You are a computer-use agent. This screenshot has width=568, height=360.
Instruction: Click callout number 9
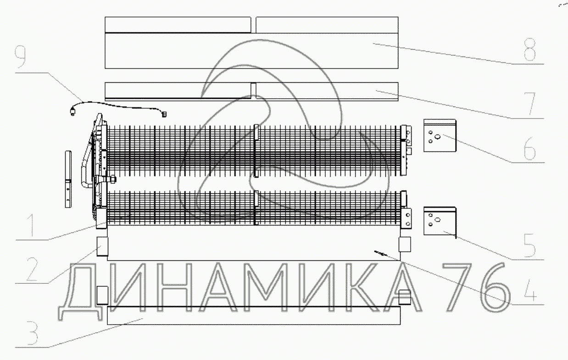tap(20, 57)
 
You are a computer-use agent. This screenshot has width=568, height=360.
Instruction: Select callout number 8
tap(530, 50)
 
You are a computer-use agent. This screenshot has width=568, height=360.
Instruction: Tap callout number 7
tap(530, 104)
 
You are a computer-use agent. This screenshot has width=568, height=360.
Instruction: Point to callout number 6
tap(530, 148)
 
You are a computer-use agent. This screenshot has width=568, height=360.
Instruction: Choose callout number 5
tap(530, 245)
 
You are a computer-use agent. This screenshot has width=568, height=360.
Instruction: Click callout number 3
tap(32, 332)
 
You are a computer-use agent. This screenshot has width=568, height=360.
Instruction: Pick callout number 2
tap(32, 269)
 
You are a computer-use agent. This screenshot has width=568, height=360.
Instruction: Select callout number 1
tap(31, 225)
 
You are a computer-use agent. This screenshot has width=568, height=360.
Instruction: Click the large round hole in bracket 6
tap(437, 137)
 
